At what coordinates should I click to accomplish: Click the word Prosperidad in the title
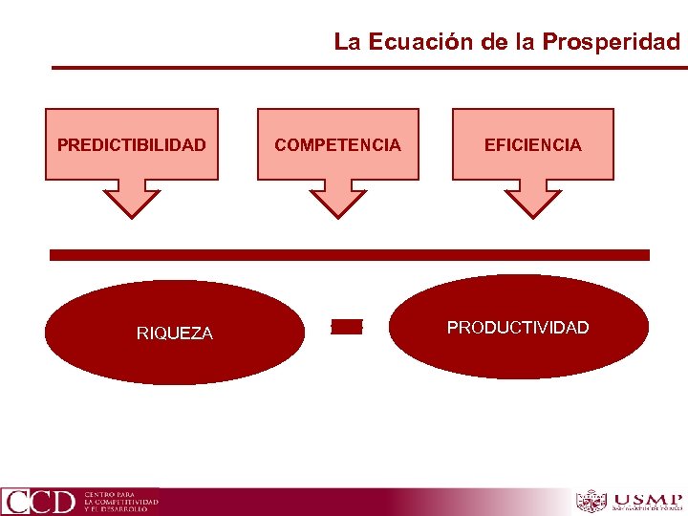(x=611, y=42)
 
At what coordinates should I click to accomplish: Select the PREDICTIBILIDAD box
(x=132, y=144)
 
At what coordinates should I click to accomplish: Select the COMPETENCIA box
(x=337, y=144)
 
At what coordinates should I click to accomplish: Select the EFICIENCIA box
(x=532, y=144)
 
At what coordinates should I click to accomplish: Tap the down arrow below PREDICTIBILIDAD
(x=132, y=198)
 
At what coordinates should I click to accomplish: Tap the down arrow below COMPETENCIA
(x=337, y=198)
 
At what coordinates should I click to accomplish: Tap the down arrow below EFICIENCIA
(x=532, y=198)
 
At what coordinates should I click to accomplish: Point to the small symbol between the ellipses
(x=347, y=327)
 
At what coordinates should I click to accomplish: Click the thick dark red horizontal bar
(x=349, y=255)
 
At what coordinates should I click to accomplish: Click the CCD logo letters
(x=38, y=501)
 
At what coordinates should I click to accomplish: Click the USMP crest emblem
(x=591, y=501)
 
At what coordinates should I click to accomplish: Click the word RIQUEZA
(x=174, y=333)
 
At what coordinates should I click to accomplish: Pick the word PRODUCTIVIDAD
(x=518, y=328)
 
